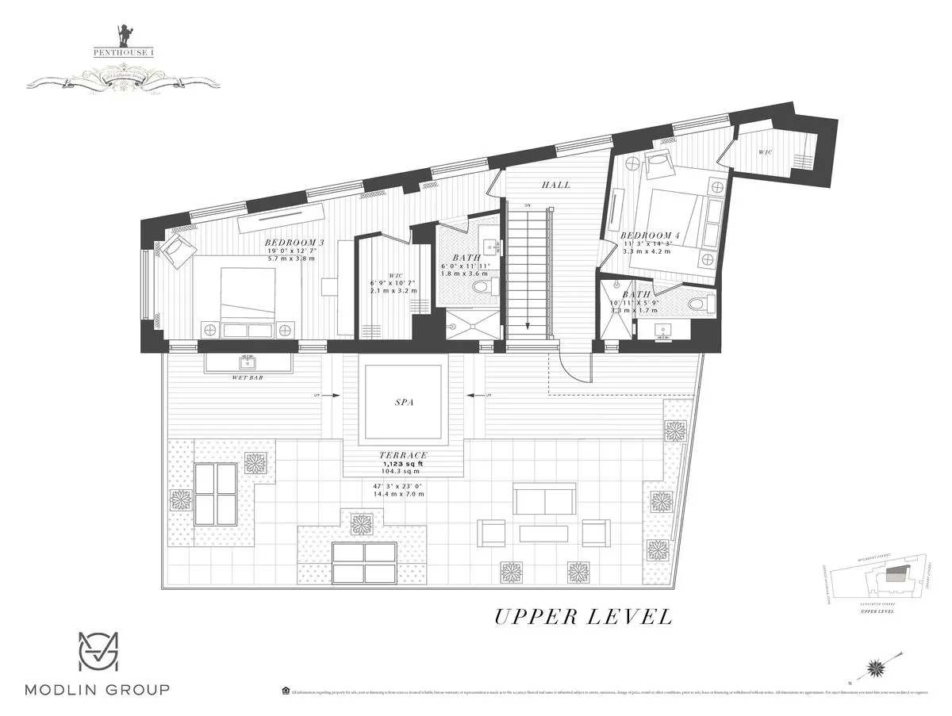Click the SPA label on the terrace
(x=405, y=402)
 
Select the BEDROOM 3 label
(x=294, y=242)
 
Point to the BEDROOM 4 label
(x=650, y=235)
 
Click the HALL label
(x=556, y=185)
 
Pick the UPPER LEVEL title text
(x=583, y=616)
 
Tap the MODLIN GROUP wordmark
(x=97, y=689)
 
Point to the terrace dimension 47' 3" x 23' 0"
(x=399, y=485)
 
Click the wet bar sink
(x=247, y=362)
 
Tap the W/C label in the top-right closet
(x=766, y=151)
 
